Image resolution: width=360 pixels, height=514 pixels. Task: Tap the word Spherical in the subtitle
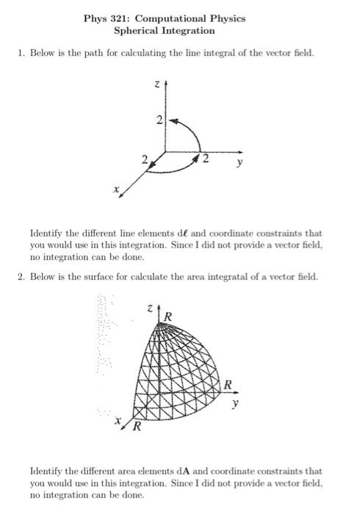pyautogui.click(x=139, y=31)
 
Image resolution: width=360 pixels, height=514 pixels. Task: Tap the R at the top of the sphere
pyautogui.click(x=168, y=316)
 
